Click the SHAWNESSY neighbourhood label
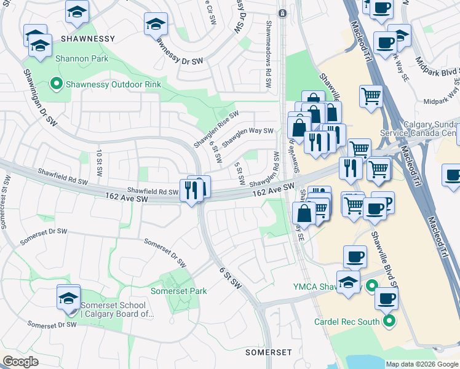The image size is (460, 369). click(88, 39)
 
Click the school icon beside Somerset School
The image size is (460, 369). click(68, 298)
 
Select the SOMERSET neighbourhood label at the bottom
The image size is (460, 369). click(268, 352)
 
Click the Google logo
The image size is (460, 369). click(20, 362)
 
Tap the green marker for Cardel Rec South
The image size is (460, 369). click(389, 321)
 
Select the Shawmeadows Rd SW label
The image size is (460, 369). click(269, 55)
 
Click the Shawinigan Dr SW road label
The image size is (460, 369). click(38, 97)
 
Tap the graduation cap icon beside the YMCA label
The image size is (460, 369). click(349, 282)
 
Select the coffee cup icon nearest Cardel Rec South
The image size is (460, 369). click(386, 298)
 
